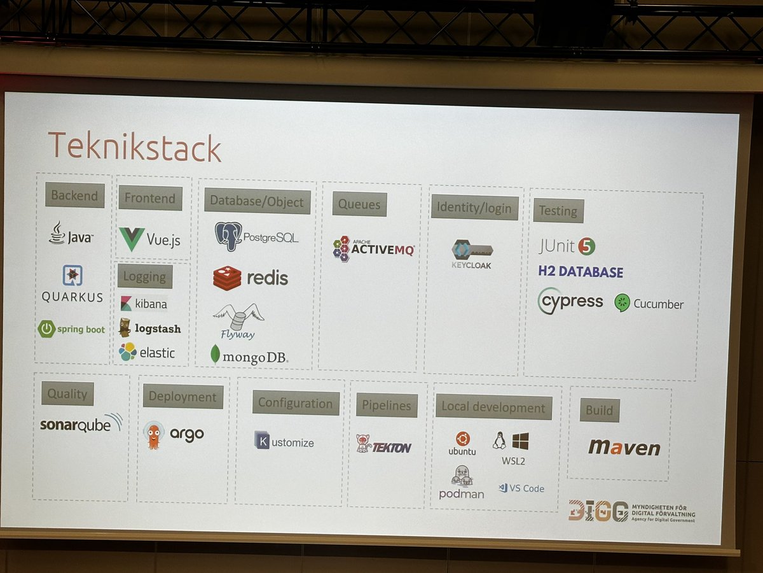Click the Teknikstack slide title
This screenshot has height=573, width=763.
coord(134,146)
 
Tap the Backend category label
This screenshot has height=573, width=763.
coord(74,195)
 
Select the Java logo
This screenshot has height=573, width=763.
coord(71,234)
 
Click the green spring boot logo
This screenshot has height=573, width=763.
coord(71,329)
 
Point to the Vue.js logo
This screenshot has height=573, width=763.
coord(150,239)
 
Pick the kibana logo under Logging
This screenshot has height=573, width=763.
coord(143,303)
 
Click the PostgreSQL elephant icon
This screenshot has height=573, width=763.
coord(228,236)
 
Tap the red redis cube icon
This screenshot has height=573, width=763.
coord(227,278)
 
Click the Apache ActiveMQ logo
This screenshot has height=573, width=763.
coord(373,249)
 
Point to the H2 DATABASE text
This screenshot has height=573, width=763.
coord(581,272)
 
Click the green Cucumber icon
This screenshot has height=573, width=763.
coord(622,303)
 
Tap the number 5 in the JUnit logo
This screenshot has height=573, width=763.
coord(586,246)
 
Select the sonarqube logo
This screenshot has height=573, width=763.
coord(81,423)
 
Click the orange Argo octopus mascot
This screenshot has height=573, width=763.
coord(153,435)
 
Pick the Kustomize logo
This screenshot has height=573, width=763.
coord(284,441)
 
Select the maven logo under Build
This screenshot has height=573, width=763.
coord(623,447)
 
